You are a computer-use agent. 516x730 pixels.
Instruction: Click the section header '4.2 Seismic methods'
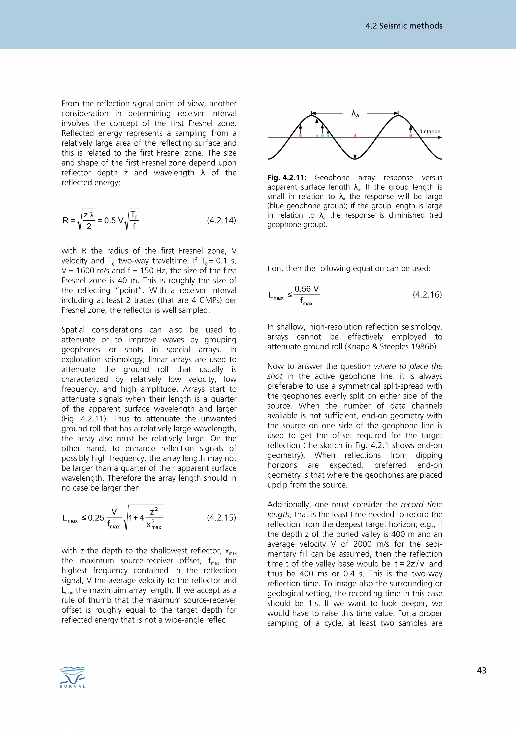[x=404, y=26]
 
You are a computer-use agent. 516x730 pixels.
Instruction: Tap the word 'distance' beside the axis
[x=430, y=131]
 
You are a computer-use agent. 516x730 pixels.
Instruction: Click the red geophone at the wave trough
[x=355, y=136]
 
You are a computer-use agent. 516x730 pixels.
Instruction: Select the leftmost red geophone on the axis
[x=300, y=136]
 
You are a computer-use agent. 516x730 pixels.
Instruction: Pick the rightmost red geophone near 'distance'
[x=410, y=136]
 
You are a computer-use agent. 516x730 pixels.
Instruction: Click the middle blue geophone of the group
[x=322, y=136]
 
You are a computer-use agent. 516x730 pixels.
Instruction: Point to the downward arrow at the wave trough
[x=355, y=149]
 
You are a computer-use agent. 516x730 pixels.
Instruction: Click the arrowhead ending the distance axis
[x=440, y=137]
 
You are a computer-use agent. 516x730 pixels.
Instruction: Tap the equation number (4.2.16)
[x=427, y=295]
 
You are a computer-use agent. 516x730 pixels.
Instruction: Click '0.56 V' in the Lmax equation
[x=306, y=289]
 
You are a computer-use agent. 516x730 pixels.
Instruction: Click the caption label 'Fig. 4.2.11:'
[x=286, y=178]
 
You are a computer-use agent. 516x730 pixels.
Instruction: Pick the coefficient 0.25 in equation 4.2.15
[x=96, y=518]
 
